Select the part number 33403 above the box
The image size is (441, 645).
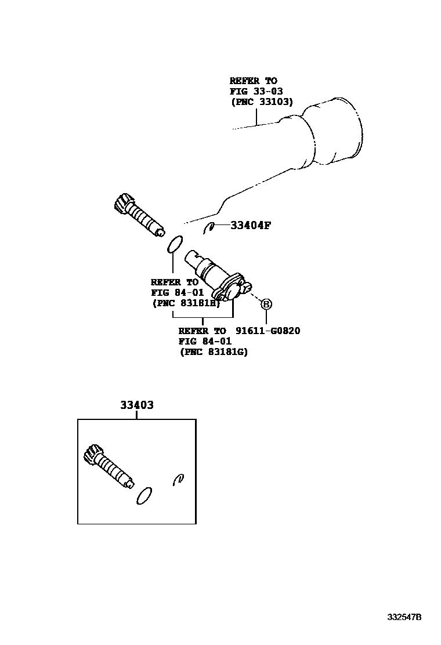coord(137,405)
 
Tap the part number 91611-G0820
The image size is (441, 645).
coord(269,331)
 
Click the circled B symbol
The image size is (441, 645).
coord(266,303)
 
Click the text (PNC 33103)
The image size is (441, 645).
coord(262,102)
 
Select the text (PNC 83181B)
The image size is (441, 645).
coord(185,303)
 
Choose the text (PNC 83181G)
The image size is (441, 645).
coord(213,352)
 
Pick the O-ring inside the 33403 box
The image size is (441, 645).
coord(144,495)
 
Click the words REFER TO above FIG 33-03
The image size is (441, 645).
coord(253,81)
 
